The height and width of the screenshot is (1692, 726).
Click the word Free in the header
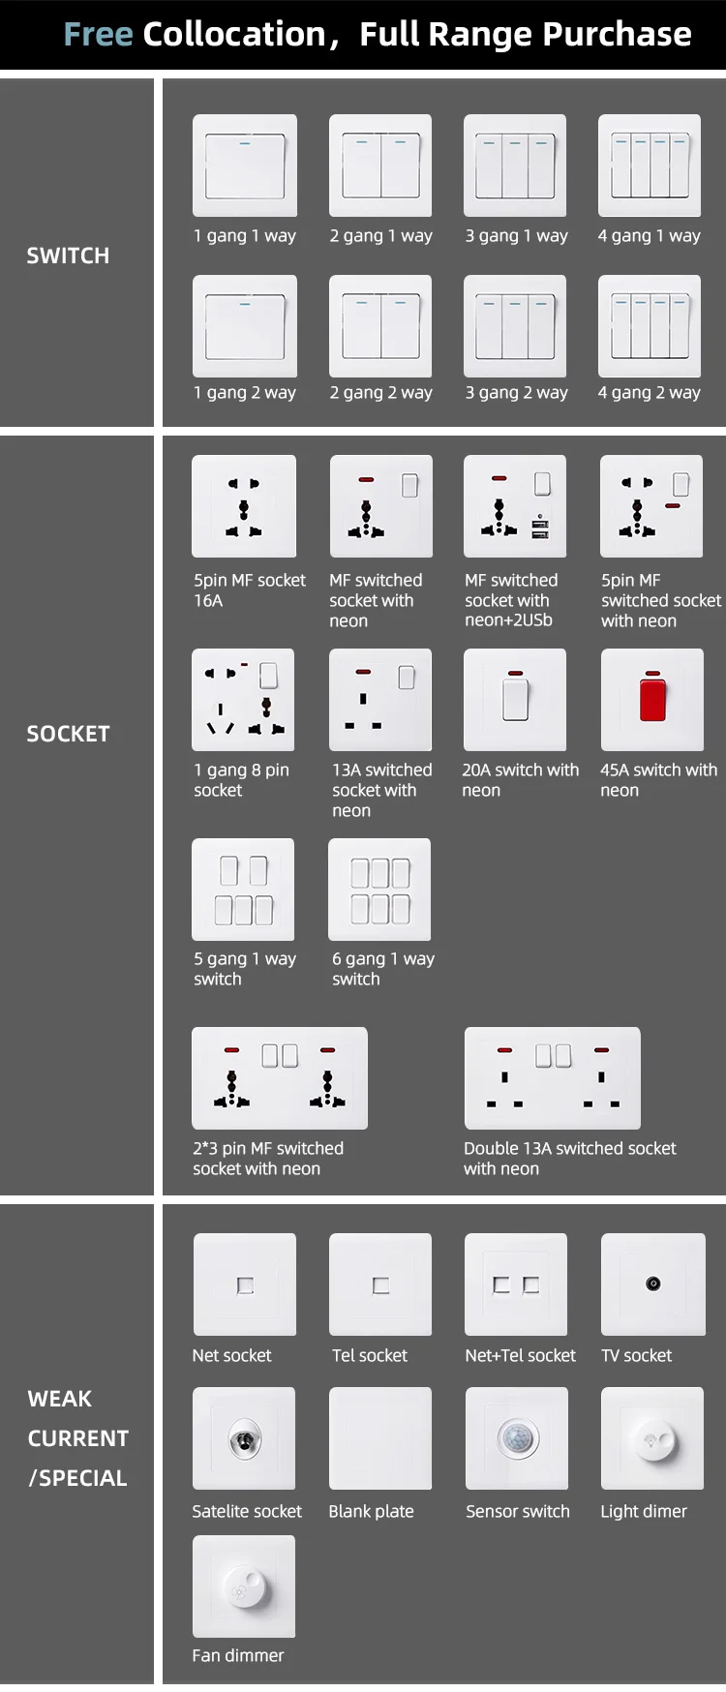coord(98,35)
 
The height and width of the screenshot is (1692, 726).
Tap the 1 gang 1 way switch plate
coord(245,166)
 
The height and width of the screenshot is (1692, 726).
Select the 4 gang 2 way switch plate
coord(650,326)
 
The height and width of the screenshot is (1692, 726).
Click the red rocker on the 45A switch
coord(652,699)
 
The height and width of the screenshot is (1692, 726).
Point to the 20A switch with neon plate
coord(515,700)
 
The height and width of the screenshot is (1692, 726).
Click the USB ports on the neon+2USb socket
coord(539,528)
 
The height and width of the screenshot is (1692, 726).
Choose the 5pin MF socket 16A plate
coord(244,506)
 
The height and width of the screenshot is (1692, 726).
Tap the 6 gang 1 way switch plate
coord(379,890)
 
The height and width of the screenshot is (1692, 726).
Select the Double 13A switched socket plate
coord(553,1077)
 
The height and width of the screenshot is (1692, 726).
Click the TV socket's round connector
coord(653,1284)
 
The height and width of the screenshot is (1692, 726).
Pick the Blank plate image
coord(380,1438)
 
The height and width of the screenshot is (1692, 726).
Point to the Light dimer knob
coord(652,1439)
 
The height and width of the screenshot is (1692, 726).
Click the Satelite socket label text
coord(247,1511)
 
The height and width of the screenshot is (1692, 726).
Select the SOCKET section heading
coord(68,734)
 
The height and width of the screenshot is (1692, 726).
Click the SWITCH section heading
coord(68,256)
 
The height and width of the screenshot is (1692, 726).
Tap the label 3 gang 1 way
coord(516,235)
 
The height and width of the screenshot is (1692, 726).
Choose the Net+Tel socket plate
coord(516,1284)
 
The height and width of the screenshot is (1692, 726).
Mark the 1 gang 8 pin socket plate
coord(243,700)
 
